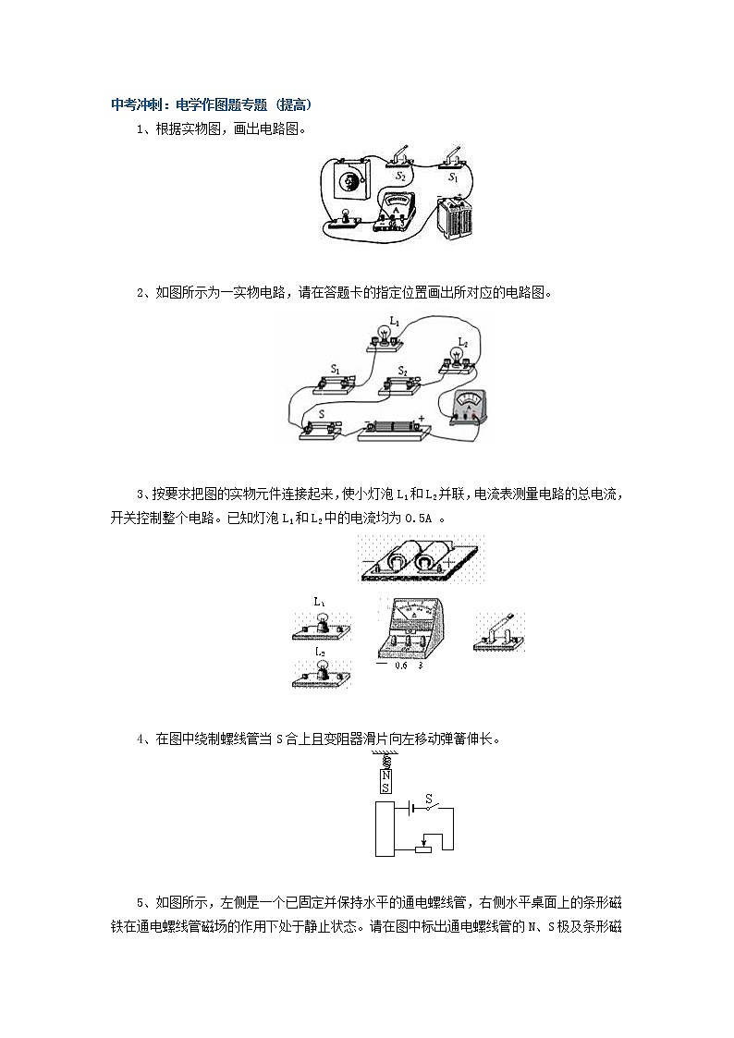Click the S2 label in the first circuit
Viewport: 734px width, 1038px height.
[400, 175]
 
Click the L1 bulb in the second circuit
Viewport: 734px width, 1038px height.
[382, 336]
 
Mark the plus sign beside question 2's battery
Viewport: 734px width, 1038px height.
[422, 419]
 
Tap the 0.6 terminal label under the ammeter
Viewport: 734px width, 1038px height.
[400, 665]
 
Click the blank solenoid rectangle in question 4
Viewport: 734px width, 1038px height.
[385, 828]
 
